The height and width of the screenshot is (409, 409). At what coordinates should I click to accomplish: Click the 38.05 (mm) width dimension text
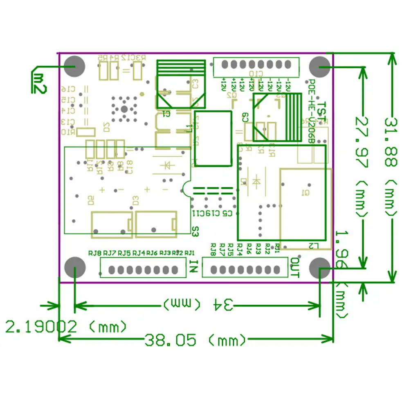(195, 340)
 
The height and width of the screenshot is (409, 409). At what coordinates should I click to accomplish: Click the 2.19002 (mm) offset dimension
(65, 327)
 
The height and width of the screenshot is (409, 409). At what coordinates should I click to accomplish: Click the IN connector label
(194, 267)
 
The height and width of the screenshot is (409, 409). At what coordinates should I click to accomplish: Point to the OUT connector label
(294, 268)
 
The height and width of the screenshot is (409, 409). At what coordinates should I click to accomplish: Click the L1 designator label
(189, 128)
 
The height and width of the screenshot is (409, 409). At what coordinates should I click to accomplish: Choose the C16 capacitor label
(68, 89)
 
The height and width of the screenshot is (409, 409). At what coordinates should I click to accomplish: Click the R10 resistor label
(68, 132)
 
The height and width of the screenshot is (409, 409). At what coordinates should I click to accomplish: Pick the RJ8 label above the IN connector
(95, 253)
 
